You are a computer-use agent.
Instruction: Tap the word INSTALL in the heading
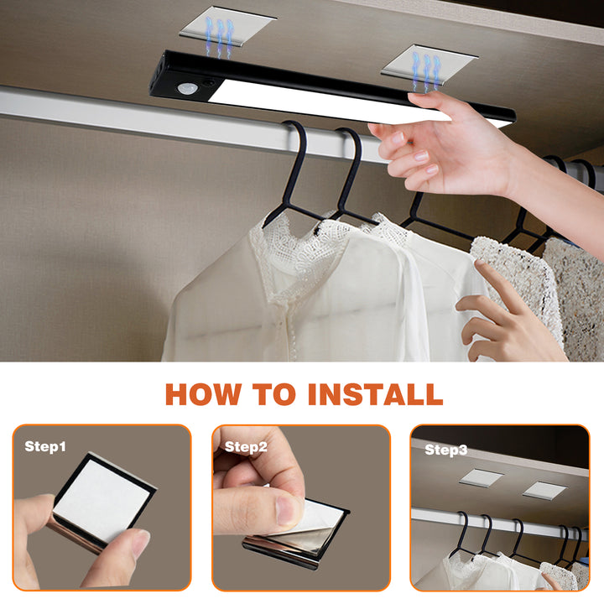374,393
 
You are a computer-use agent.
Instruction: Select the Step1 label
45,446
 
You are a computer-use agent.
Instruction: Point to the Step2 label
246,446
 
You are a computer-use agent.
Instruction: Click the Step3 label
446,450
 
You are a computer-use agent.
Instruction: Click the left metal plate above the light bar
226,23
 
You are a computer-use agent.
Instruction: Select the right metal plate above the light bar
429,62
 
